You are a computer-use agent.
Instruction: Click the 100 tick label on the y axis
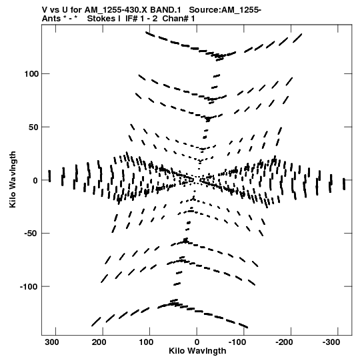(31, 74)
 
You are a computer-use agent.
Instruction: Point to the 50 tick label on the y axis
(33, 127)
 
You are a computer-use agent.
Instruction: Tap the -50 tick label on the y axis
(31, 234)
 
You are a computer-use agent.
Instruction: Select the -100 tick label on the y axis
(29, 287)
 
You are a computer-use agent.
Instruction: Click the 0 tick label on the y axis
(35, 180)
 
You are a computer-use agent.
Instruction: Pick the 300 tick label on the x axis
(52, 342)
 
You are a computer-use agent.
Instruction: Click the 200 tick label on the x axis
(99, 342)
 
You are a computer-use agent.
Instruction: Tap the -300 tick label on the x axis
(331, 342)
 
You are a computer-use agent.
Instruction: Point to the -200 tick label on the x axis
(284, 342)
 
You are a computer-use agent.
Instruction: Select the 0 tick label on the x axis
(197, 342)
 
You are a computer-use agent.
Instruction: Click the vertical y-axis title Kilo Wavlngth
(13, 179)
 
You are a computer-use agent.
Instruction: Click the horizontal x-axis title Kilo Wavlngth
(197, 351)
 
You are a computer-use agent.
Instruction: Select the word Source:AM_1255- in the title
(225, 10)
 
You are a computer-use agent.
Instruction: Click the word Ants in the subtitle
(51, 19)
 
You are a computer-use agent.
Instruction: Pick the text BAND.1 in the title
(165, 10)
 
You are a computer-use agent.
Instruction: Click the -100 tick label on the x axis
(237, 342)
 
